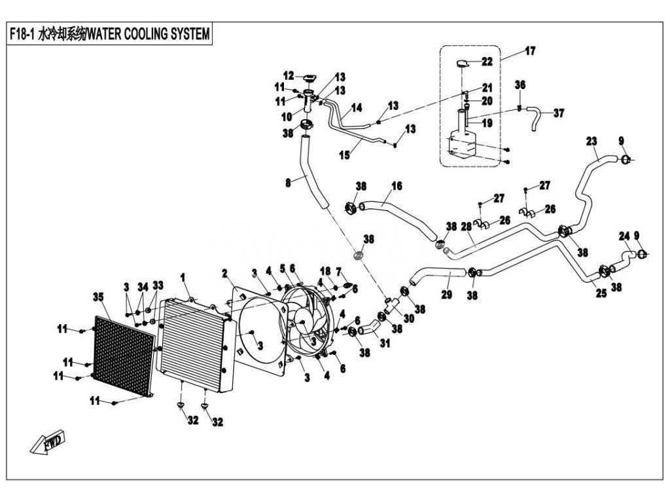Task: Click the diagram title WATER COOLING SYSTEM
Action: [149, 34]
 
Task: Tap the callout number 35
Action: [98, 297]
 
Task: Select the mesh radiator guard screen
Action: [124, 356]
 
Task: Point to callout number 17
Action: [530, 51]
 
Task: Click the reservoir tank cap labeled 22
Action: [463, 64]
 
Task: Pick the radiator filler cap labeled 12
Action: [309, 79]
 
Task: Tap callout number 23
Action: [591, 141]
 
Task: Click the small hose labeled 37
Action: [533, 117]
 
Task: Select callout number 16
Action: [397, 185]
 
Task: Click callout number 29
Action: [446, 294]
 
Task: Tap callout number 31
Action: [385, 343]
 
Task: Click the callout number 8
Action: [288, 183]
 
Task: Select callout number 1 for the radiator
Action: [183, 278]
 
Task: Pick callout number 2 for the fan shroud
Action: [225, 273]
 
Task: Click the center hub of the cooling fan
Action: [302, 323]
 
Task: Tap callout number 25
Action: [601, 293]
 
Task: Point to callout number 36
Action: [520, 84]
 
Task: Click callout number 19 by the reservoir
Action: [487, 123]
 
